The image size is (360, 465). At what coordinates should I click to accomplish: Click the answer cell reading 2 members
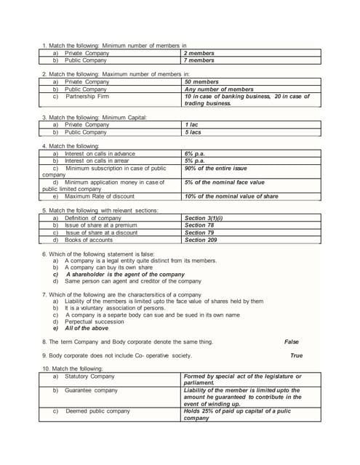[x=199, y=53]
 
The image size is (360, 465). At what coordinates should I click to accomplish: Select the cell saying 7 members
[x=199, y=60]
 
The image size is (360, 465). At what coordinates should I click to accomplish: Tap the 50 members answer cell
[x=201, y=82]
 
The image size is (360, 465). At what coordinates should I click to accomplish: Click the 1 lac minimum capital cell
[x=192, y=125]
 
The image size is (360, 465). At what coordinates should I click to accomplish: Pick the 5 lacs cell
[x=193, y=132]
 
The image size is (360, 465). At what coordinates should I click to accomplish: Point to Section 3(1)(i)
[x=204, y=218]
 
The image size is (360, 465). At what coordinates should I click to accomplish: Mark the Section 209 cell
[x=201, y=240]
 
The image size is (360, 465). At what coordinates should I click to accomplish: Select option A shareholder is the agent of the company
[x=125, y=274]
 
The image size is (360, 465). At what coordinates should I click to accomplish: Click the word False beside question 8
[x=292, y=341]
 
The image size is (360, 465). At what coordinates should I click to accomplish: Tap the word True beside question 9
[x=296, y=356]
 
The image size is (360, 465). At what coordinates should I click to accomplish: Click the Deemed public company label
[x=97, y=411]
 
